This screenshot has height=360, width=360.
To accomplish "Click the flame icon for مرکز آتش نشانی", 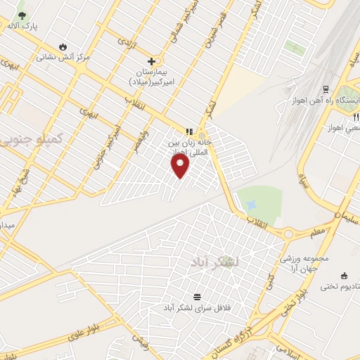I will tap(64, 46).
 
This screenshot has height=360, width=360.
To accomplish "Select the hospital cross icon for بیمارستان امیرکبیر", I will tap(150, 61).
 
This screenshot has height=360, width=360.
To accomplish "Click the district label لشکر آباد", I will tap(214, 262).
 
